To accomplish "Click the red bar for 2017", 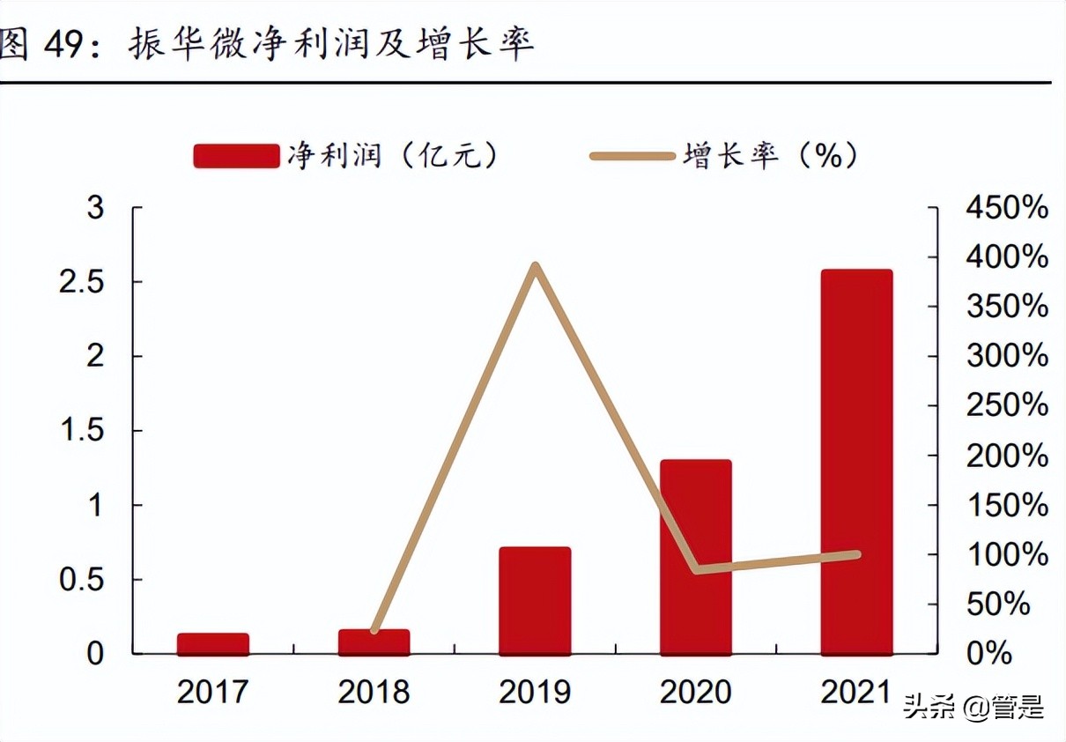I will [212, 644].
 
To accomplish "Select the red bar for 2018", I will [374, 642].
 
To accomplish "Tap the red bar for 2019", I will [535, 601].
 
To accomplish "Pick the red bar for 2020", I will [696, 557].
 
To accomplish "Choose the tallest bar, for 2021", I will [856, 462].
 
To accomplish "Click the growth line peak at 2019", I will [535, 265].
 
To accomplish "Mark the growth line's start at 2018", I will [374, 630].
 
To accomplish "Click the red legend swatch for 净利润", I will [235, 157].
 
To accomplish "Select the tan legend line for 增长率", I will [632, 157].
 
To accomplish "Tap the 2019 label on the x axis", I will [535, 692].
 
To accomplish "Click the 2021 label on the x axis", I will [856, 692].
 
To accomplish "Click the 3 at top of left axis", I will [95, 208].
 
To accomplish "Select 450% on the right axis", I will [1007, 208].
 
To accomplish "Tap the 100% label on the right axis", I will [1007, 555].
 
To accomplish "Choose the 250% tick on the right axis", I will [1007, 406].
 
